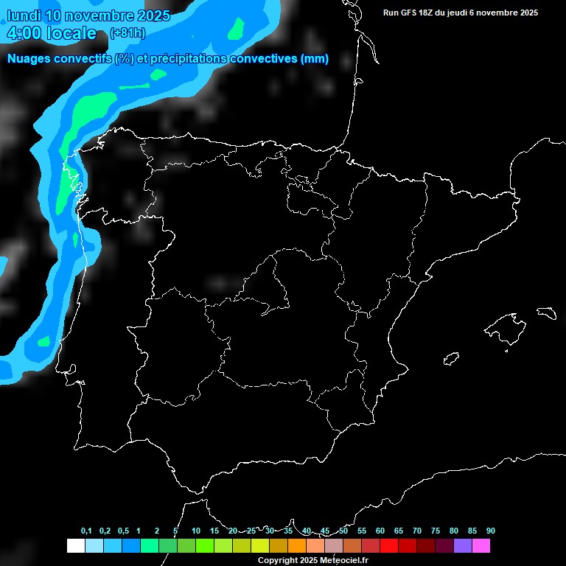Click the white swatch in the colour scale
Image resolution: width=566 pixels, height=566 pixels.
point(75,545)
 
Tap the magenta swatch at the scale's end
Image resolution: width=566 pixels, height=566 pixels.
point(481,545)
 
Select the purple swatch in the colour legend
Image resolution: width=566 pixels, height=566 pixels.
point(463,545)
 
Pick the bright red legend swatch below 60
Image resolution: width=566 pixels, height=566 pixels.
point(389,545)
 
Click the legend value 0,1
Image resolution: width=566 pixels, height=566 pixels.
point(86,531)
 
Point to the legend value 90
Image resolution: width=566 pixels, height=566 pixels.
point(491,531)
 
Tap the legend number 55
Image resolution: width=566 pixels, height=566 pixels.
point(362,531)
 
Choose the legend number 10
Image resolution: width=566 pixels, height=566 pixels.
point(195,531)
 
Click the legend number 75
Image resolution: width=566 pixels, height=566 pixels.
point(436,531)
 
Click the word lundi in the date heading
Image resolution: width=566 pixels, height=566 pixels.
point(24,15)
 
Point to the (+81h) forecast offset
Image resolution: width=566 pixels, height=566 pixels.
point(127,33)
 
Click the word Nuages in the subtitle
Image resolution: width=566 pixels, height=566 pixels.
point(29,59)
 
